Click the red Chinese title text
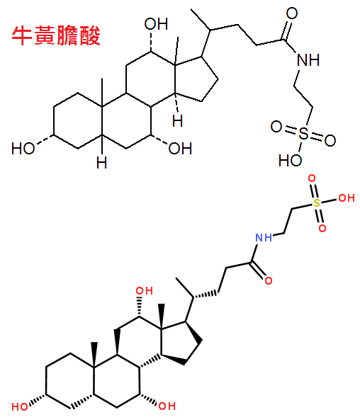point(56,35)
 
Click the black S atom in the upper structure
point(303,133)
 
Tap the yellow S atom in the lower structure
point(316,203)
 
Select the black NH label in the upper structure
point(308,60)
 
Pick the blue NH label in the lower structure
point(264,237)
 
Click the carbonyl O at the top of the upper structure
point(291,13)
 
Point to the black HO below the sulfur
point(290,161)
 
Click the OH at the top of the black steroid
point(156,24)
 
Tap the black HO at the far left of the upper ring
point(23,148)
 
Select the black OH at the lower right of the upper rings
point(180,149)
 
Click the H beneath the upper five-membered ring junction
point(177,121)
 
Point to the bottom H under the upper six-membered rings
point(101,163)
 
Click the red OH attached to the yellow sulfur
point(346,198)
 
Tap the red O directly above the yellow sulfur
point(312,178)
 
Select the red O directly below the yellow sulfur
point(322,228)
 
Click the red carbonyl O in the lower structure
point(269,280)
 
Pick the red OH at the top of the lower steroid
point(145,291)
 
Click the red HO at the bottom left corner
point(20,407)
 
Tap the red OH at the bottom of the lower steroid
point(167,406)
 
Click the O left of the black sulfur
point(276,127)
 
